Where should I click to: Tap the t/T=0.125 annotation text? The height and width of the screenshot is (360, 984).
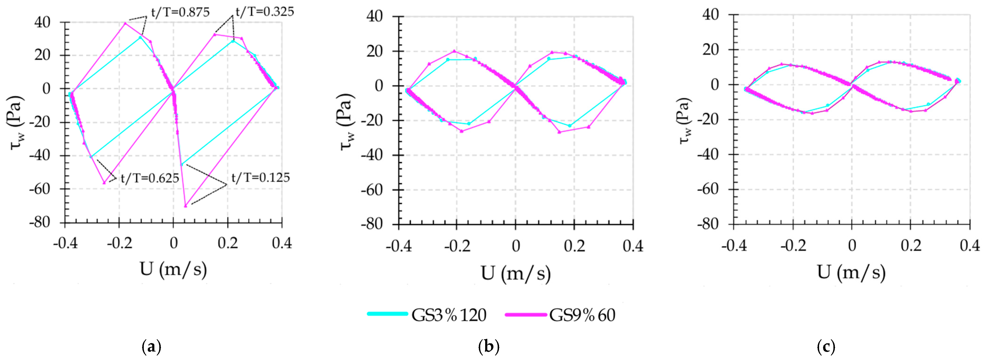(x=260, y=177)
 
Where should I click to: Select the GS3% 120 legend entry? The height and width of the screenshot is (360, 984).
(x=427, y=315)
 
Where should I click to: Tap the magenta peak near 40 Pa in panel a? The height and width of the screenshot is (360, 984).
(x=125, y=23)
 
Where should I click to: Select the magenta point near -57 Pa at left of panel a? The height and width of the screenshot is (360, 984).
(x=104, y=183)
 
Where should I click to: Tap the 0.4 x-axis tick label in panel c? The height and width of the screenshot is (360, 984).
(x=969, y=245)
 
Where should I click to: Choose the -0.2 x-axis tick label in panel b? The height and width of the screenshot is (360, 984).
(x=457, y=247)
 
